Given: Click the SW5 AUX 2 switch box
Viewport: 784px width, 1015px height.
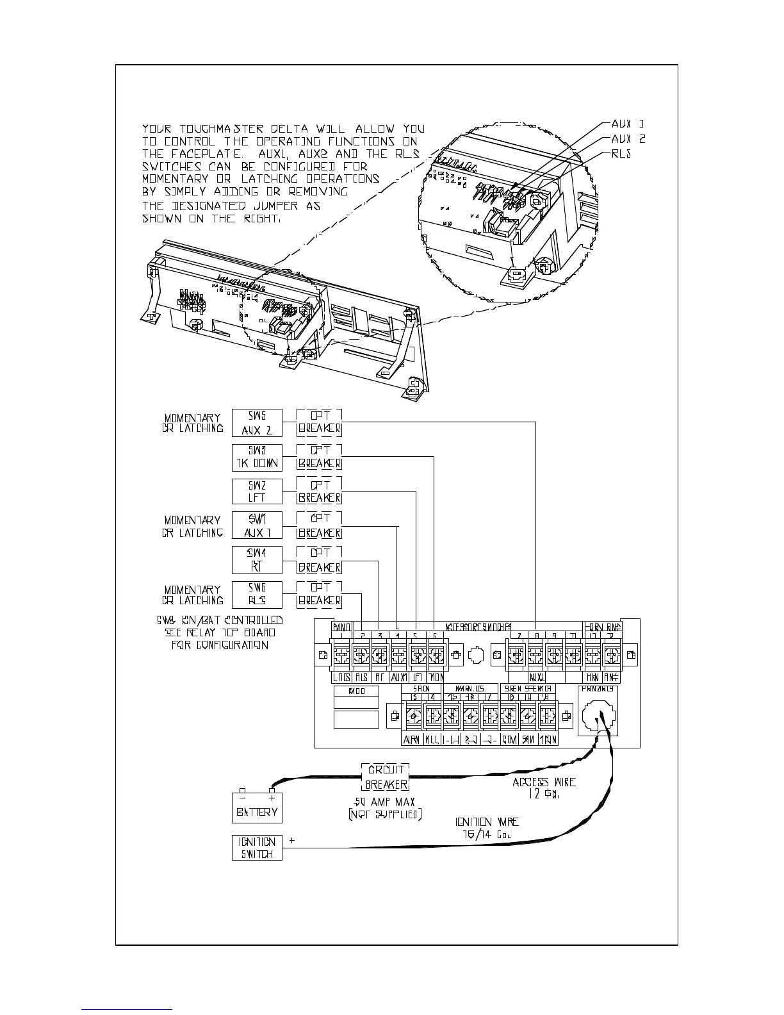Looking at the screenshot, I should pos(257,423).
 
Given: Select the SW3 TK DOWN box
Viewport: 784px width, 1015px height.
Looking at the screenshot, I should pos(257,458).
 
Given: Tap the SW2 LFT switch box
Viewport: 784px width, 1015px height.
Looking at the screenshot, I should pos(257,491).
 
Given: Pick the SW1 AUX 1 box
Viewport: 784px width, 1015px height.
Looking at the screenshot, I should pos(257,525).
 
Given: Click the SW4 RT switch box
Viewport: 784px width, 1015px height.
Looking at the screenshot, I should pos(257,560).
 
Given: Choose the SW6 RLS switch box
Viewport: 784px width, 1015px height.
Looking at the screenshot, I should pos(257,594).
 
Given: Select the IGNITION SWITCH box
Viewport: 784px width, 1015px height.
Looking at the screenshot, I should pos(257,848).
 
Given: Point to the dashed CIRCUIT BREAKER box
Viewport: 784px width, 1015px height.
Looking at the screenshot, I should pos(386,777).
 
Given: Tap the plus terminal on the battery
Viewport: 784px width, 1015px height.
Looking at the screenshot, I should pos(272,791).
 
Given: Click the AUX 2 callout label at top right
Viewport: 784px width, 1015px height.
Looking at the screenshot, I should pos(628,139).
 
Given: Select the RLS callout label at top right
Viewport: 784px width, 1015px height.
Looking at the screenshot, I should pos(622,154).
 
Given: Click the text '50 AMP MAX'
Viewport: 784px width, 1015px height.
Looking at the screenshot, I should pos(384,802).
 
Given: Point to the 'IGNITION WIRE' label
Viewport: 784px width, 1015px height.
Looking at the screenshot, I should pos(487,822).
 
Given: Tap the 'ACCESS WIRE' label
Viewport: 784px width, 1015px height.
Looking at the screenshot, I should pos(544,782).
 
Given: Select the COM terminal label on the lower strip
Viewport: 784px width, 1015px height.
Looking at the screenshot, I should pos(509,740).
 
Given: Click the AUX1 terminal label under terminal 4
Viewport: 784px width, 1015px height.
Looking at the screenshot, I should pos(399,677).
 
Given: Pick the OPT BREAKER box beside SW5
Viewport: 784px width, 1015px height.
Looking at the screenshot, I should pos(319,423).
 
